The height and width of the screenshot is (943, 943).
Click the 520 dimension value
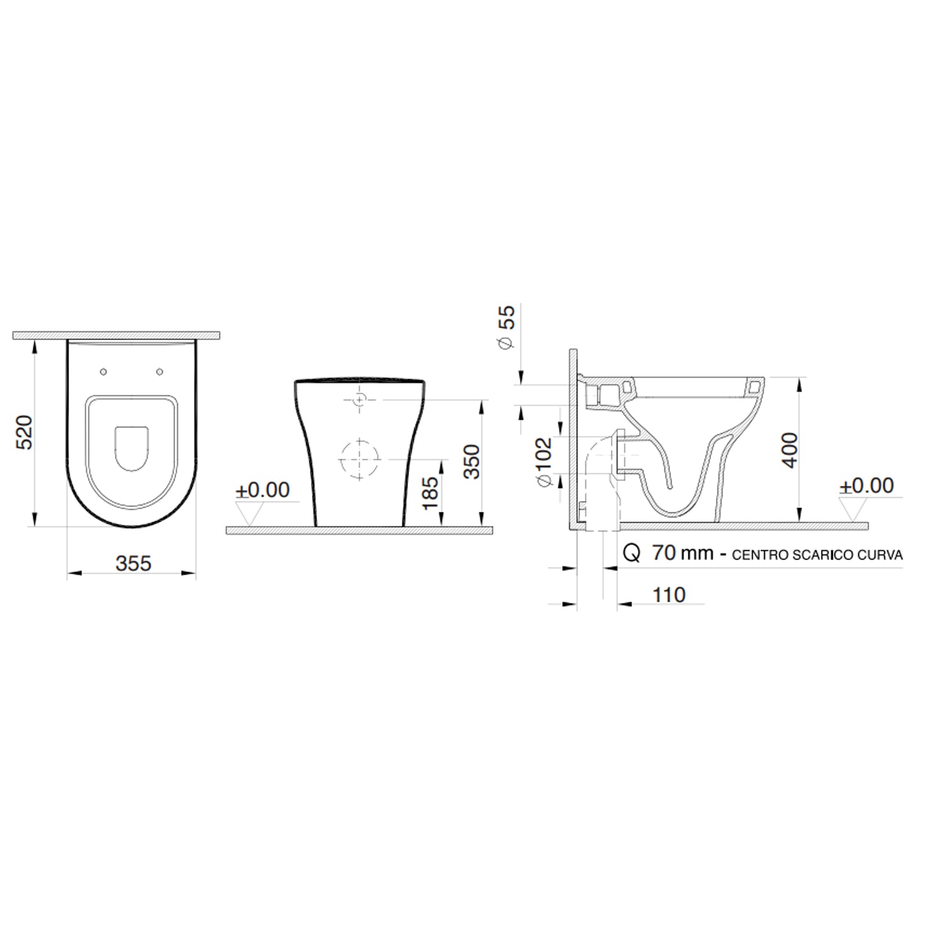(x=24, y=432)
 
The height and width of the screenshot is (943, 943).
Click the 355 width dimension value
(x=133, y=563)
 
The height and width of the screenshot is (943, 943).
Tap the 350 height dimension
(x=471, y=461)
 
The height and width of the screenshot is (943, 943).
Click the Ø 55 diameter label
(x=506, y=326)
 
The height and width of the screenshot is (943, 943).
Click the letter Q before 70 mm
(x=631, y=553)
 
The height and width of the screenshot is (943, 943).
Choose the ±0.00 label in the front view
(x=262, y=490)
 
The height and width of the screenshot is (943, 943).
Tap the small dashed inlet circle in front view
(x=359, y=400)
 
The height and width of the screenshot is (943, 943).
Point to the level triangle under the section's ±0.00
(x=853, y=509)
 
